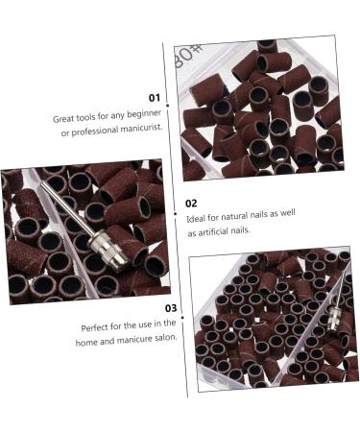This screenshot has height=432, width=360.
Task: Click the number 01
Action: (155, 98)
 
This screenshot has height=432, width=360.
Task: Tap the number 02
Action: (191, 204)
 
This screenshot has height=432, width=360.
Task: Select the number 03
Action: (170, 308)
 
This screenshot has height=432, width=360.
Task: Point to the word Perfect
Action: (96, 325)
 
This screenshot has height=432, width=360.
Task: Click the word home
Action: (92, 339)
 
